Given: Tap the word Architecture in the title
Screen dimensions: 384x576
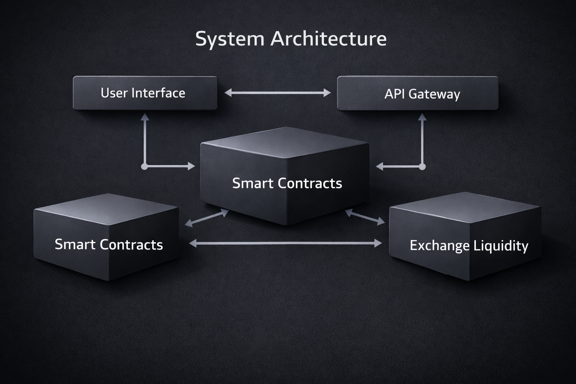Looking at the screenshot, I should [x=328, y=39].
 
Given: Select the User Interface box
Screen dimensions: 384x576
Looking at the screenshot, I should [x=145, y=93].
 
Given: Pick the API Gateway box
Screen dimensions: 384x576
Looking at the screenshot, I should [x=417, y=93].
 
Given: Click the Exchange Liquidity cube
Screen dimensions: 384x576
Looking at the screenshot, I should [x=465, y=236].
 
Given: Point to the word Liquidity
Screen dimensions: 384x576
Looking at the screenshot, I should [x=501, y=246].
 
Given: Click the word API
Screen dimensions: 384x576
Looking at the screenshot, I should [x=395, y=94].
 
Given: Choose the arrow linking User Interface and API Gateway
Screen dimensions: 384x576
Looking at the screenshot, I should [x=277, y=93].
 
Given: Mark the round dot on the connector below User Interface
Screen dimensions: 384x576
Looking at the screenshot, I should [x=144, y=166].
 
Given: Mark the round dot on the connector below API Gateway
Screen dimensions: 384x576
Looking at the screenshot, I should [x=422, y=166].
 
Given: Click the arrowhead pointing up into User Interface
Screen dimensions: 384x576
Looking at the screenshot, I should [x=145, y=117].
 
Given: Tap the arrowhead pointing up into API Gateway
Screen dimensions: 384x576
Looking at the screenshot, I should [x=422, y=117].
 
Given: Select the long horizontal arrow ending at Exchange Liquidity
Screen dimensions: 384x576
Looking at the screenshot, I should [x=285, y=243].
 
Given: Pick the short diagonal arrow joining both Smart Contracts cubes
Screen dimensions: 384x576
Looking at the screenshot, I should [x=207, y=218].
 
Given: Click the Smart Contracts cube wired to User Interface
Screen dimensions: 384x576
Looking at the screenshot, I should [x=285, y=176].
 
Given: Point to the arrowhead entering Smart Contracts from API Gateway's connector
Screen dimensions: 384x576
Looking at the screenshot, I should [x=379, y=166].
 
